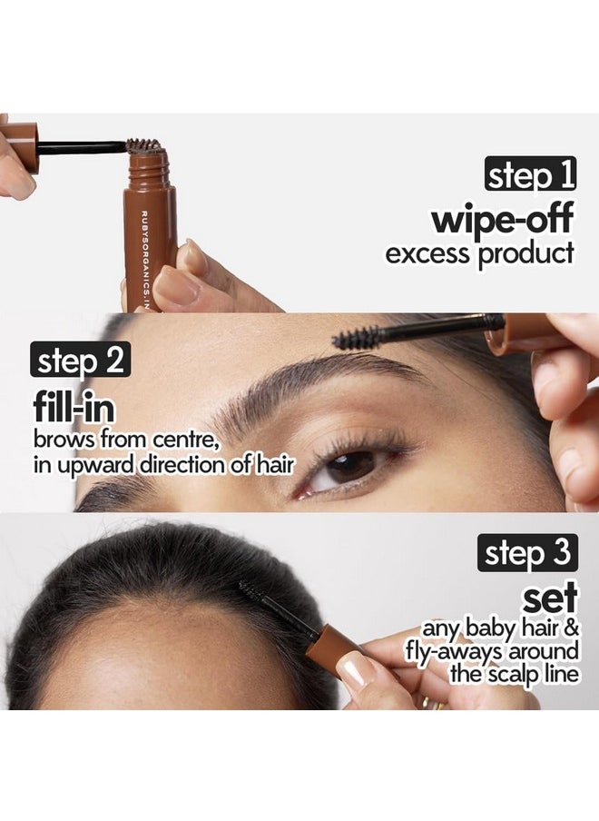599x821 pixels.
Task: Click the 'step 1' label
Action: (530, 174)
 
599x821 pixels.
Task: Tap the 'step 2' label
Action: (81, 361)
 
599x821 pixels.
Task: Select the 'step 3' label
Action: (528, 553)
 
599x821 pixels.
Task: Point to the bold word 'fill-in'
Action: (74, 408)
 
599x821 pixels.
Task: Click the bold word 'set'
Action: (550, 599)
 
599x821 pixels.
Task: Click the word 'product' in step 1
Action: (525, 255)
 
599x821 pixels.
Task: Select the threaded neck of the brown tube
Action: (149, 169)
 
